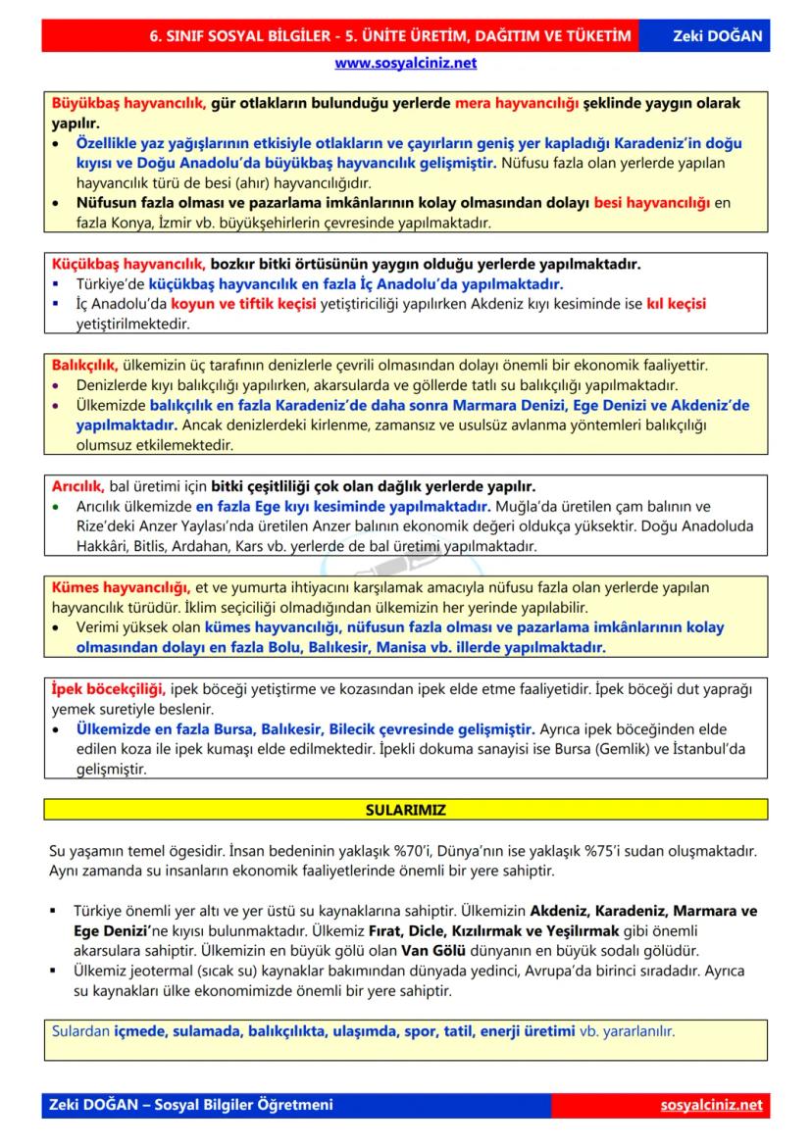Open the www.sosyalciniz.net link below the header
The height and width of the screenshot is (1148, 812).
pos(406,63)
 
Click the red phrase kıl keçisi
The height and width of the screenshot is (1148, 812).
pos(676,303)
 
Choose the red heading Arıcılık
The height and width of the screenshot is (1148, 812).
pos(77,486)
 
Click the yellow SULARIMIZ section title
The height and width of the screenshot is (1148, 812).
pos(406,811)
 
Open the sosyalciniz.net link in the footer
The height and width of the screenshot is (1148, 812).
pos(712,1105)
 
